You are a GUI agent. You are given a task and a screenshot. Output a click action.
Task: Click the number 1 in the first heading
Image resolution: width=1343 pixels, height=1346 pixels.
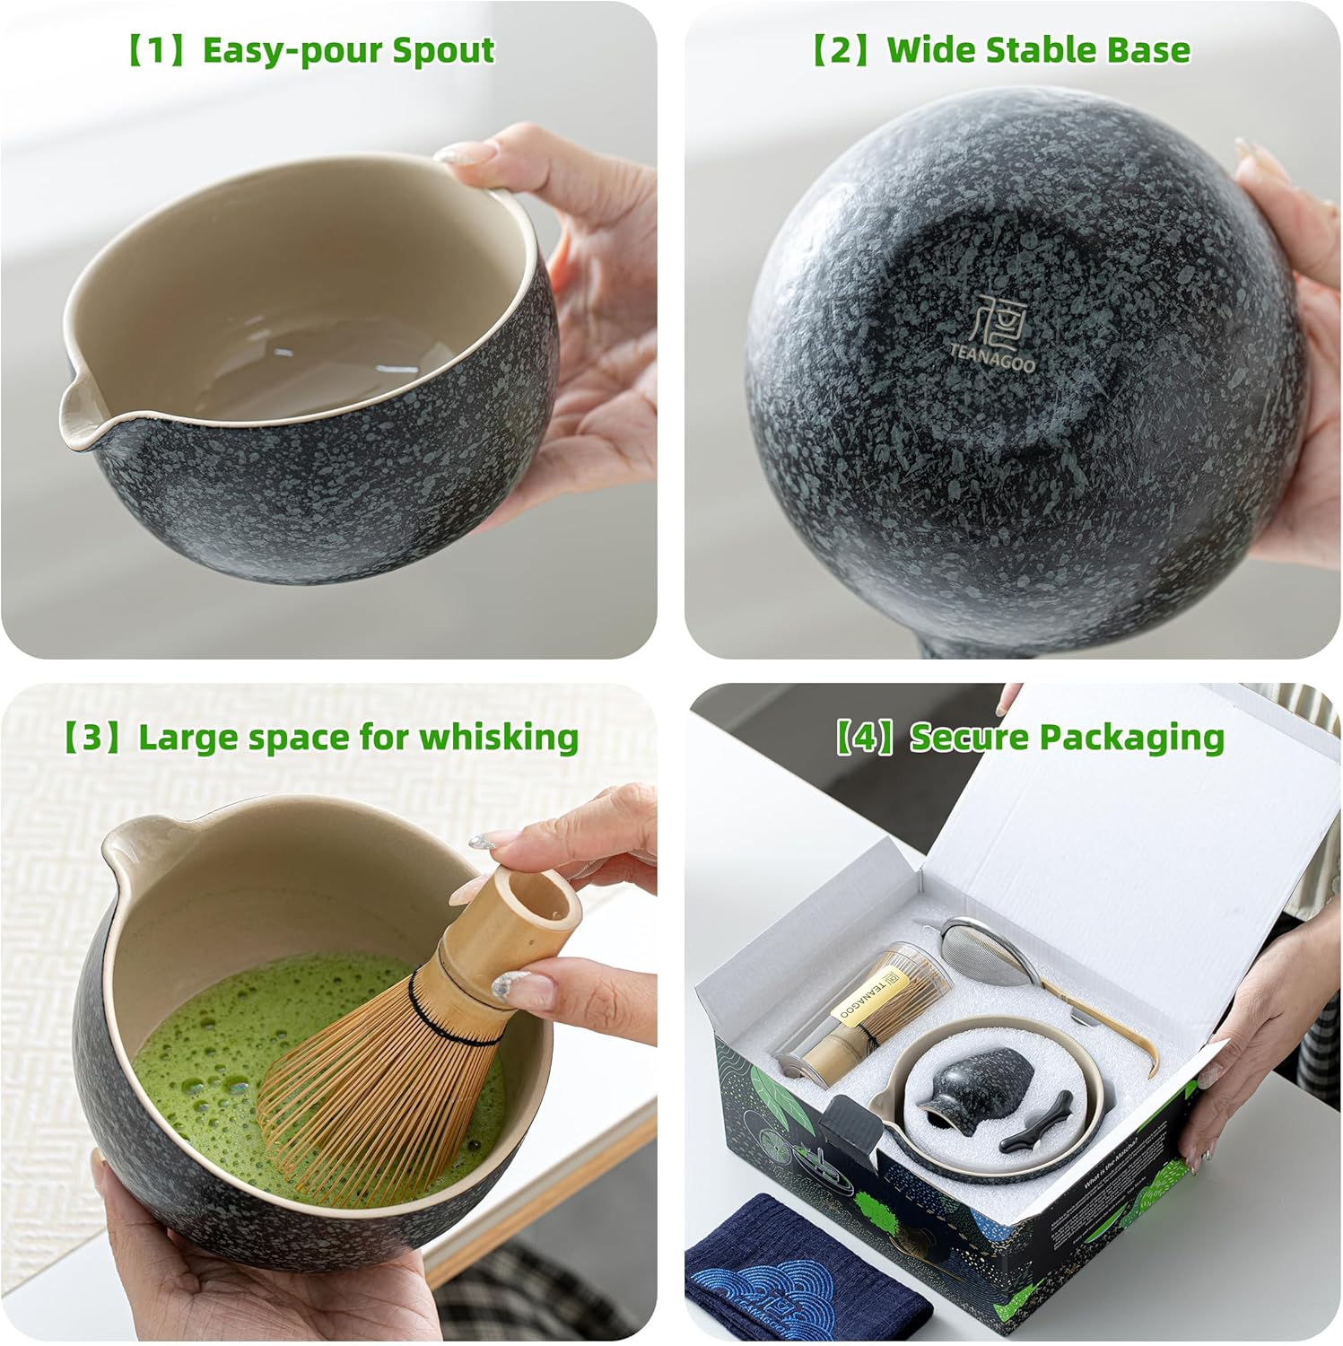pyautogui.click(x=156, y=51)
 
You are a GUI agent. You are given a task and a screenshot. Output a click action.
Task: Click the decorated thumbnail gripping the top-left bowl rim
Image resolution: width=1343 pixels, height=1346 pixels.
pyautogui.click(x=466, y=154)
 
